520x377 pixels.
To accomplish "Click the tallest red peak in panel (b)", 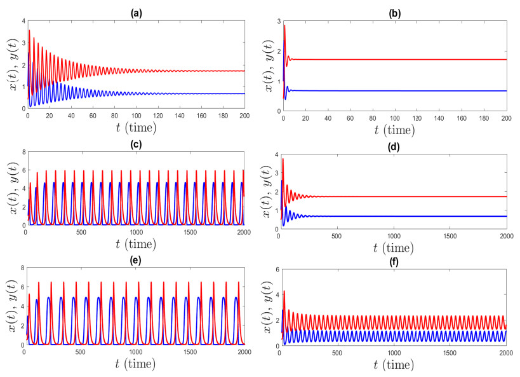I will pos(284,25).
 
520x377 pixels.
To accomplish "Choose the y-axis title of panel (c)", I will pos(9,189).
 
